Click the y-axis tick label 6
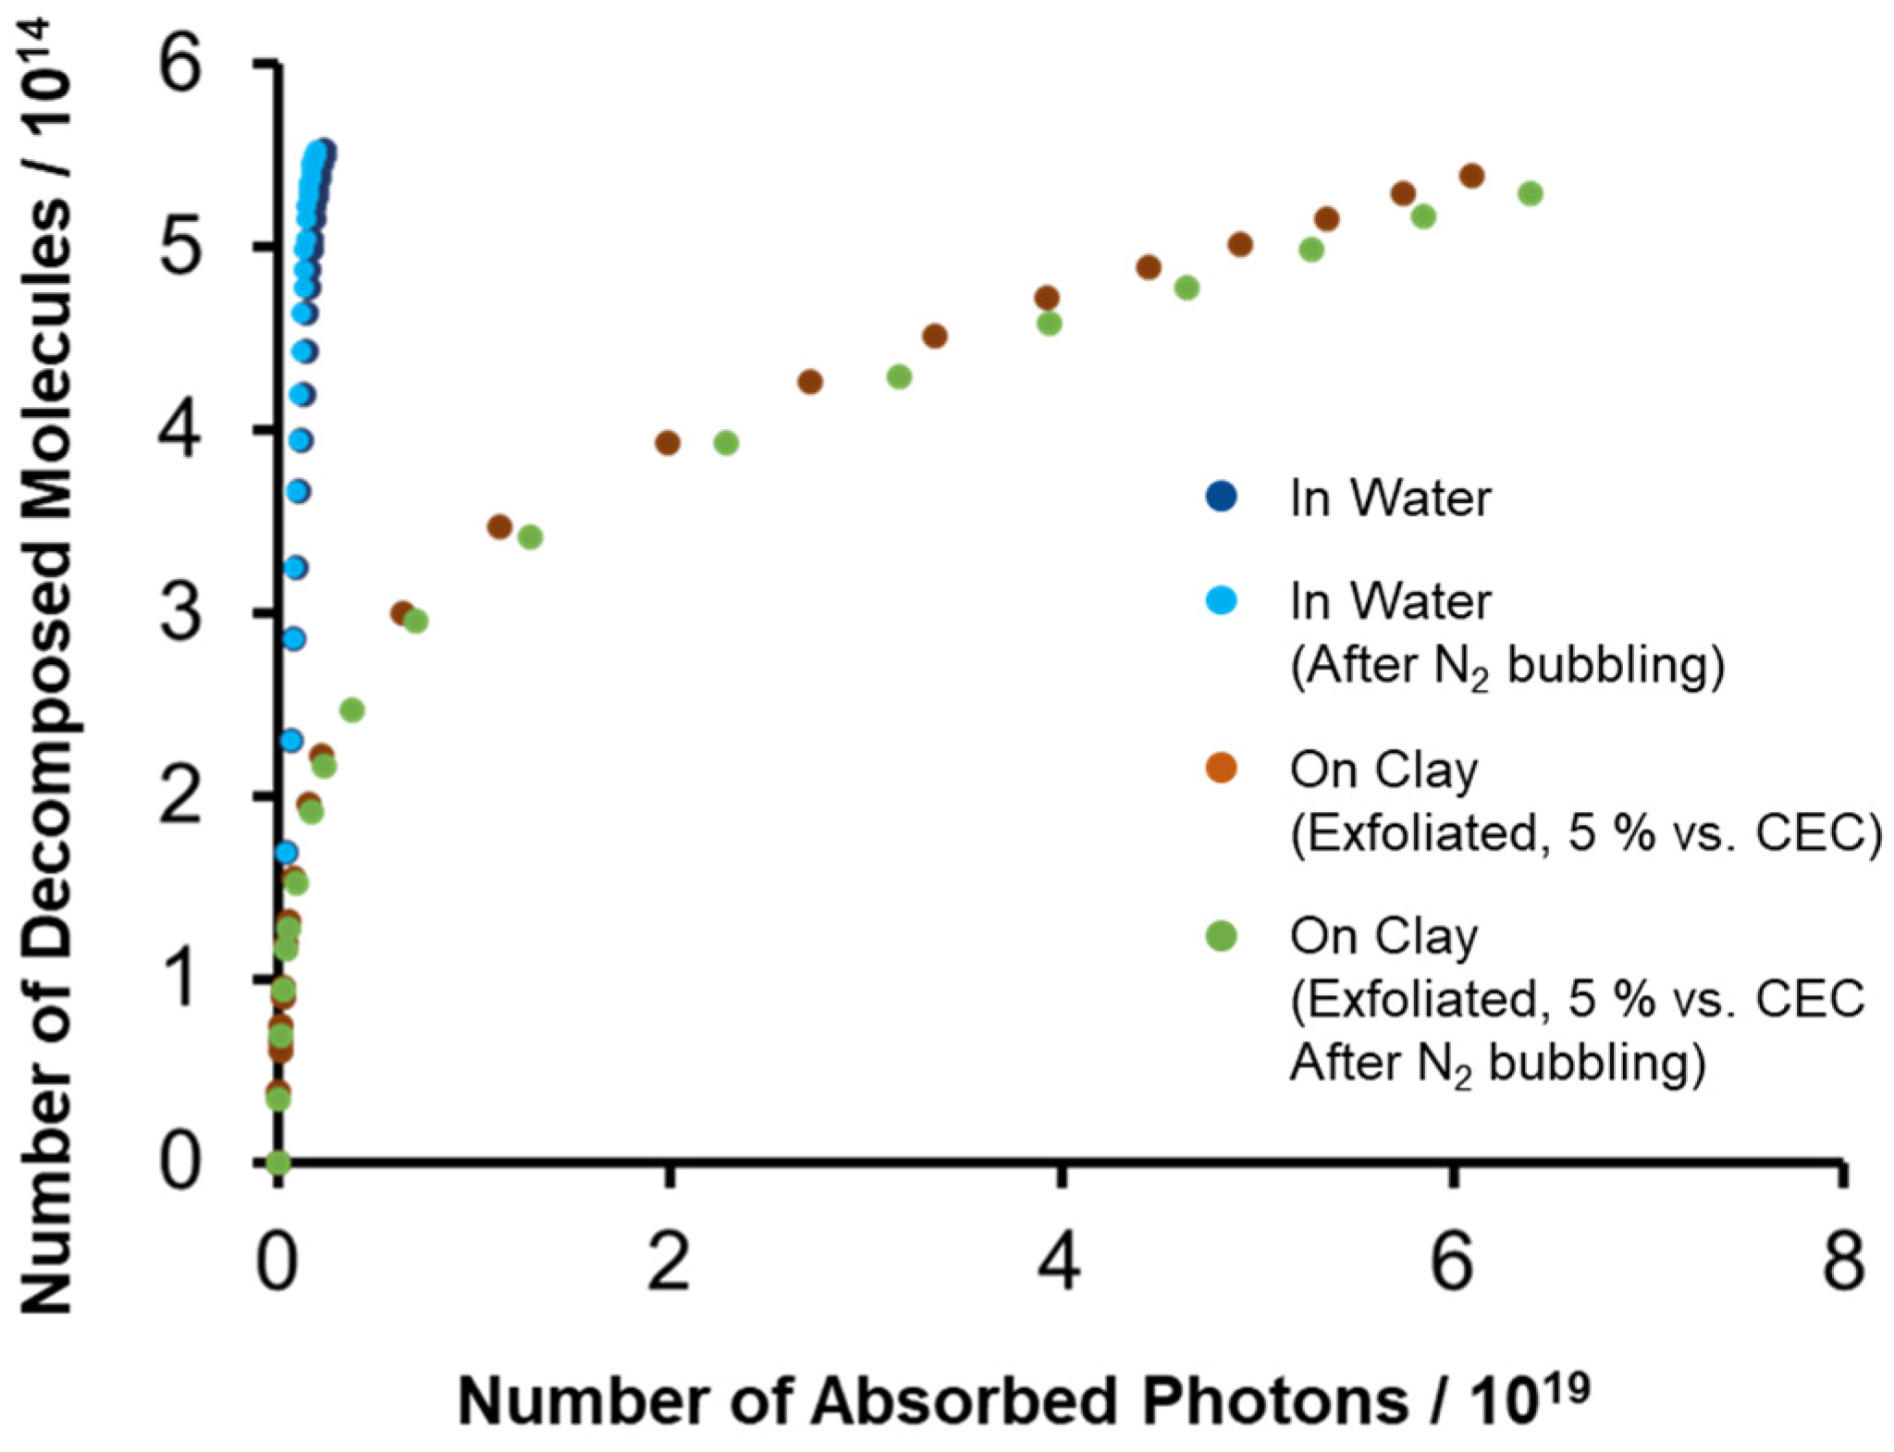tap(181, 67)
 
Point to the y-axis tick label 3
tap(181, 614)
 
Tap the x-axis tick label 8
tap(1842, 1263)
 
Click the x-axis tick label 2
tap(668, 1263)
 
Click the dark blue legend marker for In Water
tap(1222, 497)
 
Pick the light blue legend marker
tap(1222, 601)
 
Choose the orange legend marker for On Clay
tap(1222, 768)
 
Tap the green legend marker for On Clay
tap(1222, 936)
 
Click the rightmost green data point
tap(1531, 193)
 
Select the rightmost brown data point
tap(1471, 176)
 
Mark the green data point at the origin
tap(278, 1162)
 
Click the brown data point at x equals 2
tap(668, 443)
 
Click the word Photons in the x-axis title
tap(1274, 1402)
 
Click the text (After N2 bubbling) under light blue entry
tap(1507, 665)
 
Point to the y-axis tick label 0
tap(181, 1163)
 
